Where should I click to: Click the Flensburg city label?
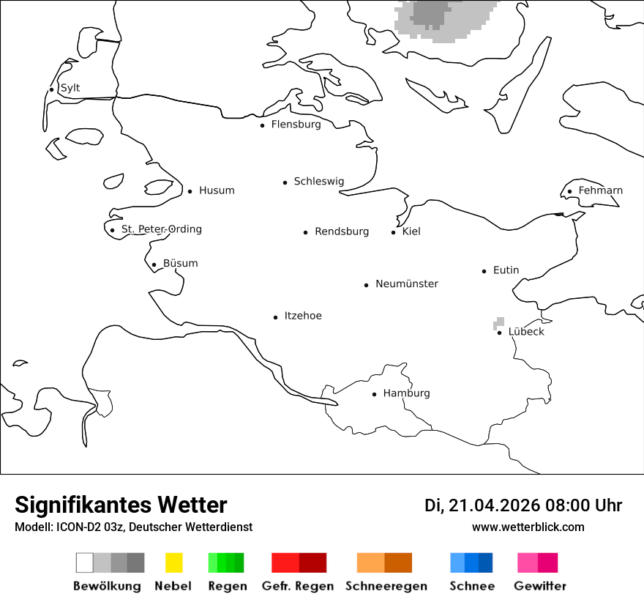point(296,125)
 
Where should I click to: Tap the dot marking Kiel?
point(394,232)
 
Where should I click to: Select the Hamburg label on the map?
point(406,393)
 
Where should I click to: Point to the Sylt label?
point(70,88)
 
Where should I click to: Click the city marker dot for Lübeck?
point(499,333)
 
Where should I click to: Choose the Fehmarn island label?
point(600,190)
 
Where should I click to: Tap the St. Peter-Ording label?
point(161,229)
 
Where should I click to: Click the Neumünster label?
point(407,283)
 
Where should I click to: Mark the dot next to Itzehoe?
point(276,317)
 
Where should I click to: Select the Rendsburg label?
point(342,231)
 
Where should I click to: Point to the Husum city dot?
point(190,191)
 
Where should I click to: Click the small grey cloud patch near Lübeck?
point(499,322)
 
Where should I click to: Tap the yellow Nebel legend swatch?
point(173,563)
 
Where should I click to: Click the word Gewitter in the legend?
point(540,586)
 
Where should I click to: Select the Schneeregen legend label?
point(386,586)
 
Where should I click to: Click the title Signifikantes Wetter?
point(121,505)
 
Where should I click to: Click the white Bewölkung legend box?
point(85,563)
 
